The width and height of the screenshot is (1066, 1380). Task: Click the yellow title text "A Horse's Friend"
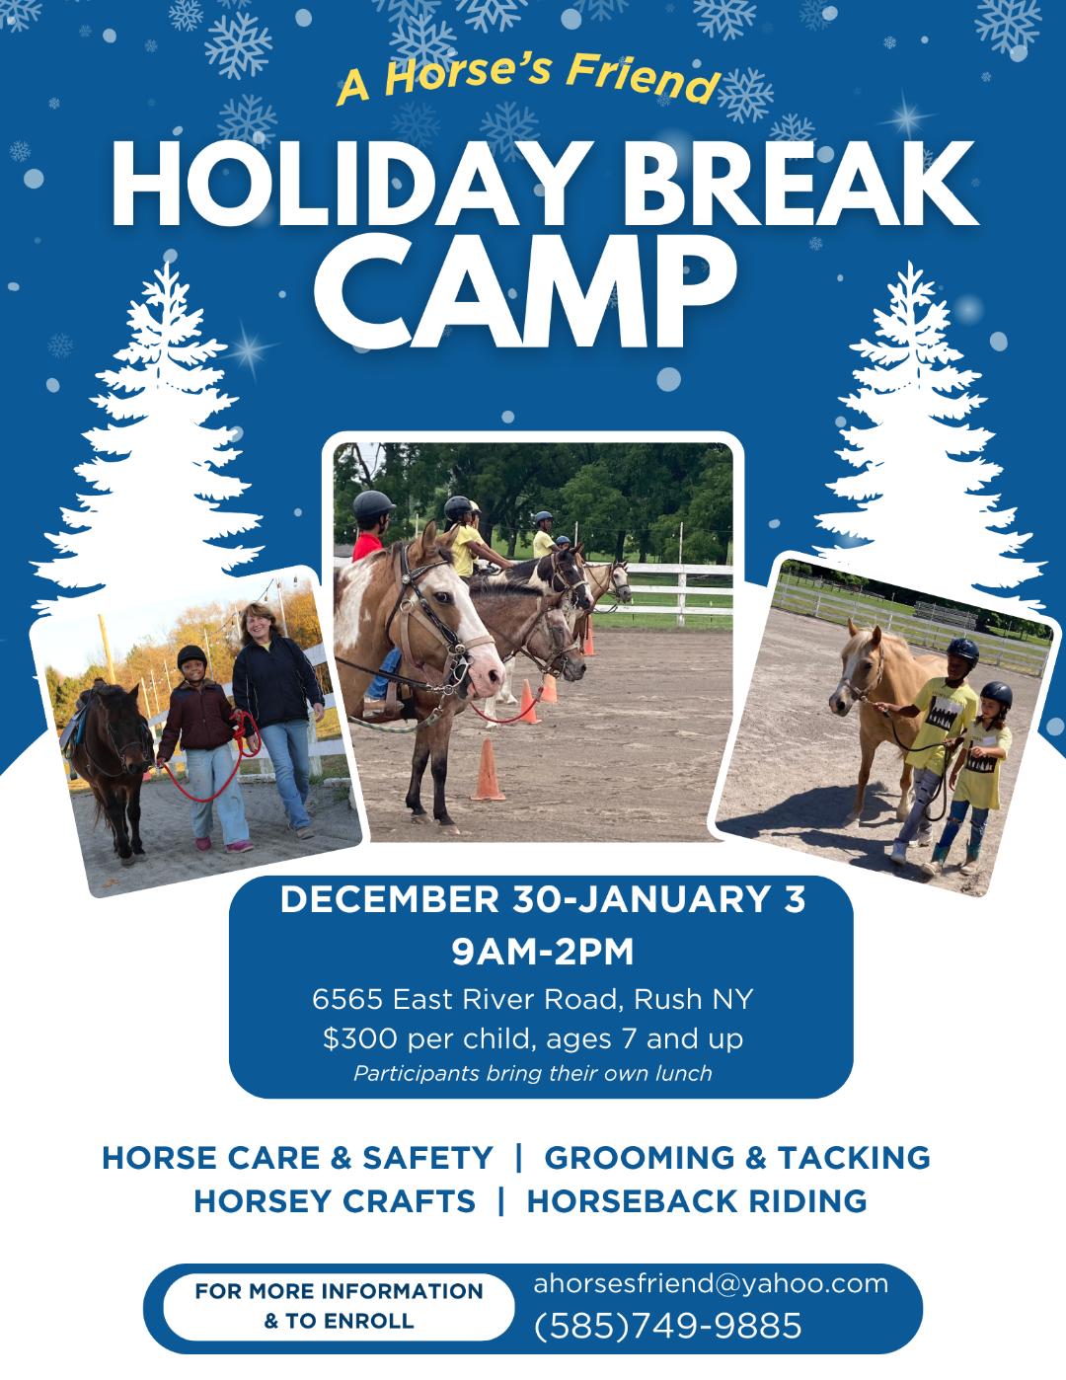[x=528, y=78]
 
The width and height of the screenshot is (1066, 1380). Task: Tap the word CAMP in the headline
[x=532, y=291]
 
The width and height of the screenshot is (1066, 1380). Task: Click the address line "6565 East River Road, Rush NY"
[x=533, y=998]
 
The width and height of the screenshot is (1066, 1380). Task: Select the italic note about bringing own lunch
[x=533, y=1073]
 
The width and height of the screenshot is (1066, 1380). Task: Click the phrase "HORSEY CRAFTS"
[x=335, y=1201]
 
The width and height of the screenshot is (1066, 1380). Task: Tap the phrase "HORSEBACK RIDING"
[x=697, y=1201]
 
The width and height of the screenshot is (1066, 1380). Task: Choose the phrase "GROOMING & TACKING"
[x=737, y=1157]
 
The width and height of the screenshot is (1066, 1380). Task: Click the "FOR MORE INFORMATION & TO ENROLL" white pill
[x=339, y=1306]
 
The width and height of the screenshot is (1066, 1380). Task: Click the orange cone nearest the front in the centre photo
[x=488, y=769]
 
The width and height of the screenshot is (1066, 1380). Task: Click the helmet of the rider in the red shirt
[x=373, y=505]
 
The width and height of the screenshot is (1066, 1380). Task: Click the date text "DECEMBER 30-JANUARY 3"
[x=543, y=899]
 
